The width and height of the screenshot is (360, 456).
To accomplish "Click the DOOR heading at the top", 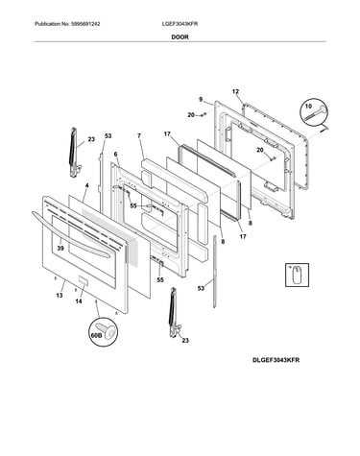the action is tap(180, 37).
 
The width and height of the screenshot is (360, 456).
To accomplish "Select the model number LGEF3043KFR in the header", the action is tap(180, 24).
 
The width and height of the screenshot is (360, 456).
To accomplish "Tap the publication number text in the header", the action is tap(67, 24).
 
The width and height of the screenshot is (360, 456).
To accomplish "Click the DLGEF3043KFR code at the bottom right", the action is tap(276, 360).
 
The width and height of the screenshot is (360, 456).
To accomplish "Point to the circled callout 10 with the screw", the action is tap(314, 111).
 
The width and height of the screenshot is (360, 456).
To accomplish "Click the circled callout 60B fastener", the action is tap(103, 332).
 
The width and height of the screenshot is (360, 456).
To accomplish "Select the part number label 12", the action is tap(235, 92).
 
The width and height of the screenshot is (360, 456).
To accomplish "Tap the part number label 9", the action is tap(201, 100).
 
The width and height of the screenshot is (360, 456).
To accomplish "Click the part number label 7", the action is tap(139, 136).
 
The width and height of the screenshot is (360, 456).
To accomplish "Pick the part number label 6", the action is tap(115, 155).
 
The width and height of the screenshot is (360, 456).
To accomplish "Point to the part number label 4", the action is tap(86, 185).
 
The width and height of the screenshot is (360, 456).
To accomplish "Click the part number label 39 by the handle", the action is tap(60, 248).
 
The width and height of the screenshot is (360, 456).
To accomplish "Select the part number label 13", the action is tap(60, 296).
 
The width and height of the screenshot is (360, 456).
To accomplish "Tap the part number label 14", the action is tap(79, 301).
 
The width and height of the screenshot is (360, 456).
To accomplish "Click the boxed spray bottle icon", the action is tap(297, 275).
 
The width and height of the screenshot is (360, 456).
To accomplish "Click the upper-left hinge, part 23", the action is tap(74, 152).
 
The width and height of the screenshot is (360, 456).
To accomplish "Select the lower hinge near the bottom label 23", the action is tap(175, 312).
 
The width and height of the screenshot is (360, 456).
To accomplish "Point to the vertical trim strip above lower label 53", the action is tap(214, 272).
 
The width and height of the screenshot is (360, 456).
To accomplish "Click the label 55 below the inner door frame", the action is tap(160, 280).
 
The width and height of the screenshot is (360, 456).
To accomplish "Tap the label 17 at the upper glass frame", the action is tap(167, 134).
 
